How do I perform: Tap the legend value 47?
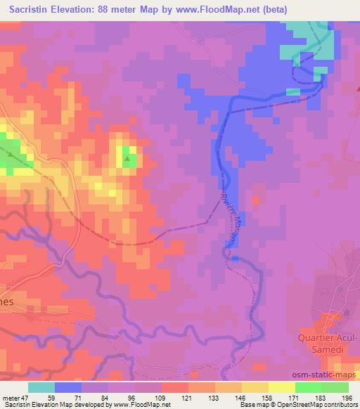(26, 398)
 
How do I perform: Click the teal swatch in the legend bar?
(41, 387)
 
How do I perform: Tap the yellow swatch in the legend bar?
(255, 387)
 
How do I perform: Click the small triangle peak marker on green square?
(127, 159)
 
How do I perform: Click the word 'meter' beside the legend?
(11, 398)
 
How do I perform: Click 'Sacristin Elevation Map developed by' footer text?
(49, 405)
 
